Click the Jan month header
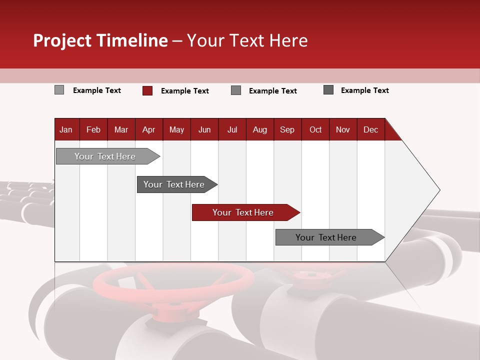coord(66,130)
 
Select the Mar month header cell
coord(121,130)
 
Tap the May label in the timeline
coord(176,130)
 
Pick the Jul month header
coord(232,130)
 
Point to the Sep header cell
coord(287,130)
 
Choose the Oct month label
coord(315,130)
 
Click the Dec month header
coord(370,130)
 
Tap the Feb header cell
coord(93,130)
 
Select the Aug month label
coord(259,130)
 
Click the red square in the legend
coord(147,90)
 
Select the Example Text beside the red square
coord(184,91)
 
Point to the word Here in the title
coord(288,40)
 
